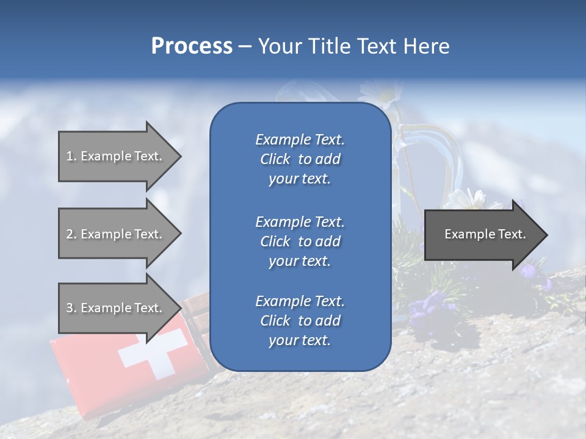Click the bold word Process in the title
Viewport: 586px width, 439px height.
tap(192, 46)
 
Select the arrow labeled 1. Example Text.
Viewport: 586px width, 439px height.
tap(116, 156)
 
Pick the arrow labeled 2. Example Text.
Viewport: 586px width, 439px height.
tap(116, 234)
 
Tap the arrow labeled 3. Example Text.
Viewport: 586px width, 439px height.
tap(116, 308)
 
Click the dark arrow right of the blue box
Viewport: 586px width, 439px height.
tap(482, 234)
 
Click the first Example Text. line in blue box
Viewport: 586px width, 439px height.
tap(300, 140)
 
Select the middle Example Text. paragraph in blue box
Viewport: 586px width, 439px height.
tap(300, 241)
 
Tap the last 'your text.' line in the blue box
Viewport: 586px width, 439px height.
tap(300, 340)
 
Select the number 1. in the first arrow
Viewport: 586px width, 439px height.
tap(71, 156)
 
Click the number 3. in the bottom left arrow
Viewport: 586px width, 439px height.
tap(71, 308)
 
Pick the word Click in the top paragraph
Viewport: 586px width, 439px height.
tap(275, 159)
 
